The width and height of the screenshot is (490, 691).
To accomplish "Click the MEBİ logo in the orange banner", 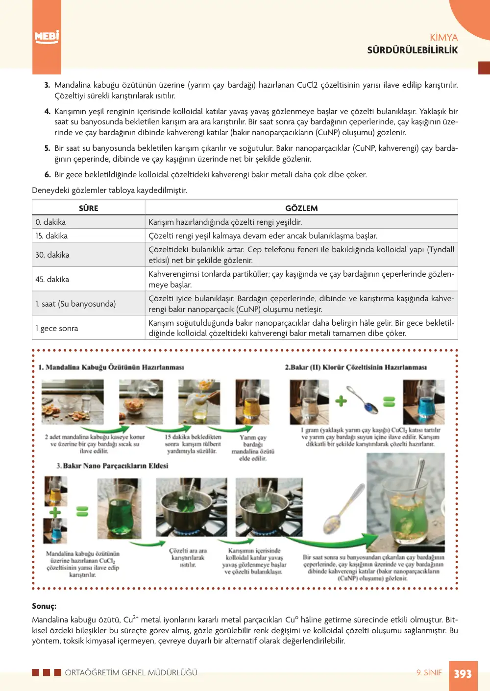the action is coord(47,38).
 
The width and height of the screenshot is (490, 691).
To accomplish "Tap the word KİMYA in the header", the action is coord(444,38).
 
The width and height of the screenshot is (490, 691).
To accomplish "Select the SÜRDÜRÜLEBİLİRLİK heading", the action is coord(412,50).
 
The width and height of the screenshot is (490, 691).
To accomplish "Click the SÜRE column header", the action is coord(88,208).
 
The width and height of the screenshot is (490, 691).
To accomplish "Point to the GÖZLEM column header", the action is coord(301,208).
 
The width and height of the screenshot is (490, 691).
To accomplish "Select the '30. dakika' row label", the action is coord(52,255).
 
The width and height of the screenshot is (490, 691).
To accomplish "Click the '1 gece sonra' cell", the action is coord(56,328).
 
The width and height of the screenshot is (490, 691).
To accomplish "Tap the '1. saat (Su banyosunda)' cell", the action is coord(75,304).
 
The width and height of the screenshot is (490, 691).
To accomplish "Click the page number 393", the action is coord(463,673).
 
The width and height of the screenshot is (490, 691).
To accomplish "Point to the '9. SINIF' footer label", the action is coord(429,672).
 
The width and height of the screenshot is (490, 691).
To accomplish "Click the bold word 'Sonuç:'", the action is coord(44,606).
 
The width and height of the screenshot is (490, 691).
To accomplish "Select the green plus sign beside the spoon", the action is coord(341,401).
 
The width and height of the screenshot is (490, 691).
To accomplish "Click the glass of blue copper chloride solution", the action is coord(424,402).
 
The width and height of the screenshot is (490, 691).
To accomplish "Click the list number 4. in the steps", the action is coord(47,111).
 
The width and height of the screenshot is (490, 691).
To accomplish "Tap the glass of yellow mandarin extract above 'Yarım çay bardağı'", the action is coord(252,402).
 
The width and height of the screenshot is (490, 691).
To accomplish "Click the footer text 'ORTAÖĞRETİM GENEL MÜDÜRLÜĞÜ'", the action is coord(131,672).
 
